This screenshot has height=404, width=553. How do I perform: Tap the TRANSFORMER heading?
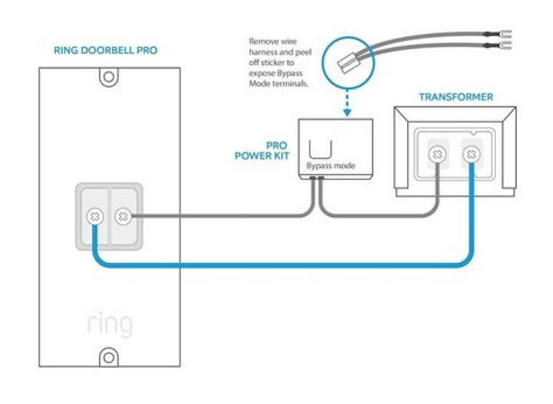pos(455,97)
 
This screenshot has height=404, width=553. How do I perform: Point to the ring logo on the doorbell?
pos(109,323)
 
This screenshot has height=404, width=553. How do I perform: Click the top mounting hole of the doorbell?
pos(109,77)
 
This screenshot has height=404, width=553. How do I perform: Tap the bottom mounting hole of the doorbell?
pos(109,356)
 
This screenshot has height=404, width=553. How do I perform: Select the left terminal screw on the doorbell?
pos(94,217)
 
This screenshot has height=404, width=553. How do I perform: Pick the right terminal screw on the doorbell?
pos(123,217)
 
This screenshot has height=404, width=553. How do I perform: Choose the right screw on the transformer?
pos(470,155)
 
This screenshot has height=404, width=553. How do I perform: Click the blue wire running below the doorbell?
pos(276,266)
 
